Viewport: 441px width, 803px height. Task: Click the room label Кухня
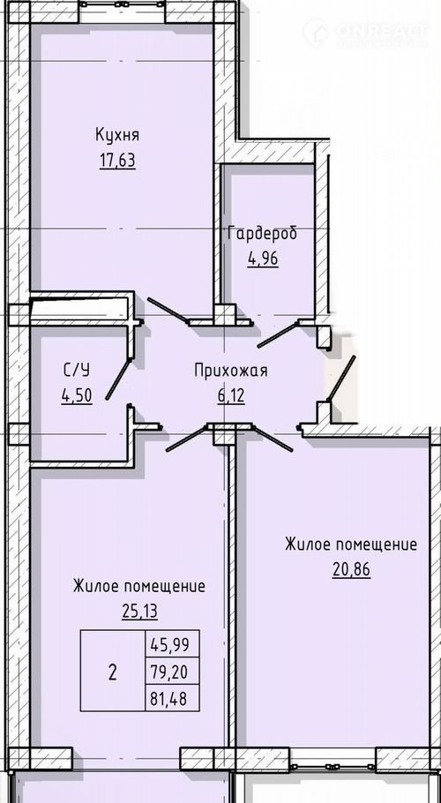coord(117,136)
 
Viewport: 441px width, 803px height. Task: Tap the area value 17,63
coord(117,161)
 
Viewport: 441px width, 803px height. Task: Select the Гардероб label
coord(263,234)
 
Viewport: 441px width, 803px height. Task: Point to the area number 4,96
coord(263,259)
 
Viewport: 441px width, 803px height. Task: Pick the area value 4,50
coord(77,396)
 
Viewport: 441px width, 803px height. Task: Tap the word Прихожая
coord(231,371)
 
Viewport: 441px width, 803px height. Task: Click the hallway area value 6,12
coord(231,396)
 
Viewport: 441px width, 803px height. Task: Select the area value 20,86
coord(351,569)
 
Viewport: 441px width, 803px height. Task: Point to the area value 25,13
coord(139,611)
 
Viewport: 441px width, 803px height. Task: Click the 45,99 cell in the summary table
coord(172,643)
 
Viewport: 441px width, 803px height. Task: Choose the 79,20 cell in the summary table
coord(172,671)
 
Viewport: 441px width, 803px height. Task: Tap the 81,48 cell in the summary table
coord(172,697)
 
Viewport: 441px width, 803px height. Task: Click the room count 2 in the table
coord(113,672)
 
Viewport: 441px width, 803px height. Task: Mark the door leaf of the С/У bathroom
coord(119,379)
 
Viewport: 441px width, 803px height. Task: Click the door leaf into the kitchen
coord(168,311)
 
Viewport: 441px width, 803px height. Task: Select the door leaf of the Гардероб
coord(277,334)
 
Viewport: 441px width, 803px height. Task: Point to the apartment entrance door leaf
coord(340,378)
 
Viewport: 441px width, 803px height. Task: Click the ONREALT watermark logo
coord(365,32)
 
